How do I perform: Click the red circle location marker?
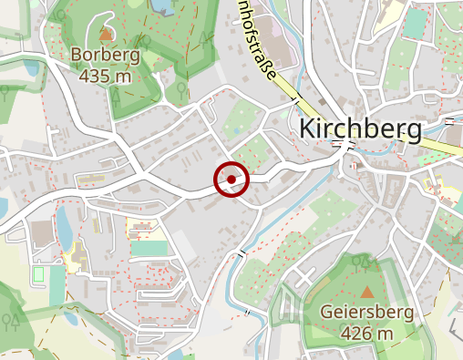(231, 179)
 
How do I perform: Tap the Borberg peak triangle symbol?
(107, 35)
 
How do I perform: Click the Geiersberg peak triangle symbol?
(367, 292)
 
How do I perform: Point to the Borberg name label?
(106, 56)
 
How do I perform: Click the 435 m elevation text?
(106, 76)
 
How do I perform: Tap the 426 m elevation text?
(366, 334)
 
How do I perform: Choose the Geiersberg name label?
(366, 313)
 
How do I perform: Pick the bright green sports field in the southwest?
(149, 247)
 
